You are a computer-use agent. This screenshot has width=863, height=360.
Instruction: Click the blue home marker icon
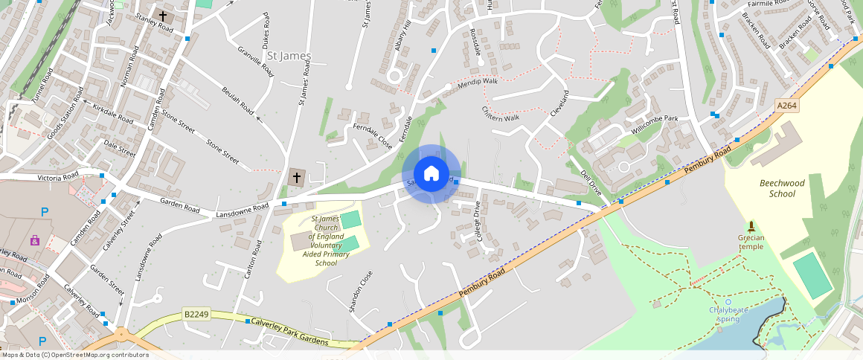point(431,174)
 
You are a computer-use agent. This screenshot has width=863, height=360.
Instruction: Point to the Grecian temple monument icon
point(751,226)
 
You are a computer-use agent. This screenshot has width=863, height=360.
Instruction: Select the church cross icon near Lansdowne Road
point(297,177)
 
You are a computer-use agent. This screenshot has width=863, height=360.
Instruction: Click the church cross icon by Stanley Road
point(163,16)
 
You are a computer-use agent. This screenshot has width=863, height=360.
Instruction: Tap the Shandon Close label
point(360,291)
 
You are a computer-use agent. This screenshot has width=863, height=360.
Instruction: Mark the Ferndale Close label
point(372,136)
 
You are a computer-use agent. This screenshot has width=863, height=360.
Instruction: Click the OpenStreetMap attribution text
point(74,355)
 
